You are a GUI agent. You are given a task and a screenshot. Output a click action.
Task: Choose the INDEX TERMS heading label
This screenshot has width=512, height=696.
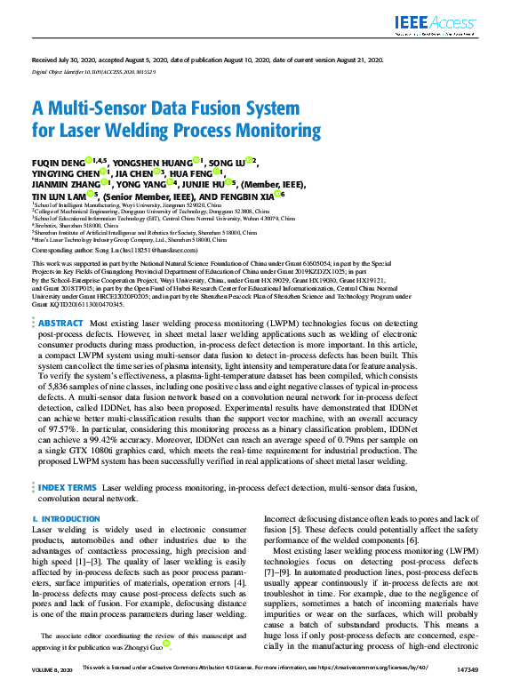click(x=68, y=488)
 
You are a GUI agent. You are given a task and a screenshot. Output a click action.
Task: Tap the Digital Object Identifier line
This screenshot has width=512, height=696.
click(x=93, y=70)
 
